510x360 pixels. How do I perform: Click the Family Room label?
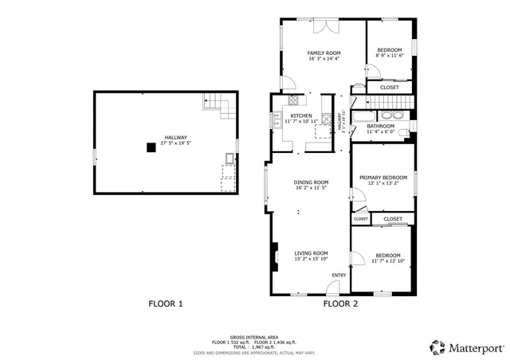pyautogui.click(x=324, y=53)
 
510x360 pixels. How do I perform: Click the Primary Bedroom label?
pyautogui.click(x=382, y=177)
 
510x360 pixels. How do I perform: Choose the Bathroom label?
pyautogui.click(x=381, y=126)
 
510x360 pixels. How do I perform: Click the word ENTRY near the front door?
pyautogui.click(x=339, y=276)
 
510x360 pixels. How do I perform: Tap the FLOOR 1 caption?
pyautogui.click(x=166, y=303)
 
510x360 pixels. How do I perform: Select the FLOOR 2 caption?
pyautogui.click(x=340, y=303)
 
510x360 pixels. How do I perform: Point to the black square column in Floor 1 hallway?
pyautogui.click(x=150, y=147)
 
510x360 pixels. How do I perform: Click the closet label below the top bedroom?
pyautogui.click(x=390, y=88)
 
